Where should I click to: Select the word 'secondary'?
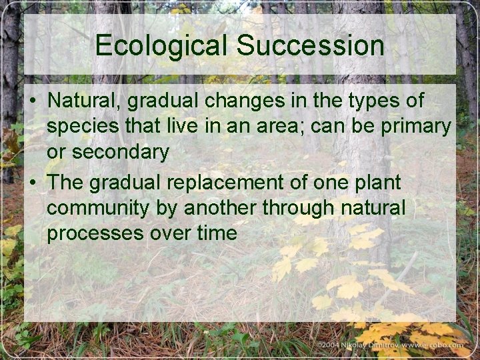tap(119, 152)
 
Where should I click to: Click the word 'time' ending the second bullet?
tap(215, 233)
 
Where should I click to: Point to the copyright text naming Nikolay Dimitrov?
tap(390, 345)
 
